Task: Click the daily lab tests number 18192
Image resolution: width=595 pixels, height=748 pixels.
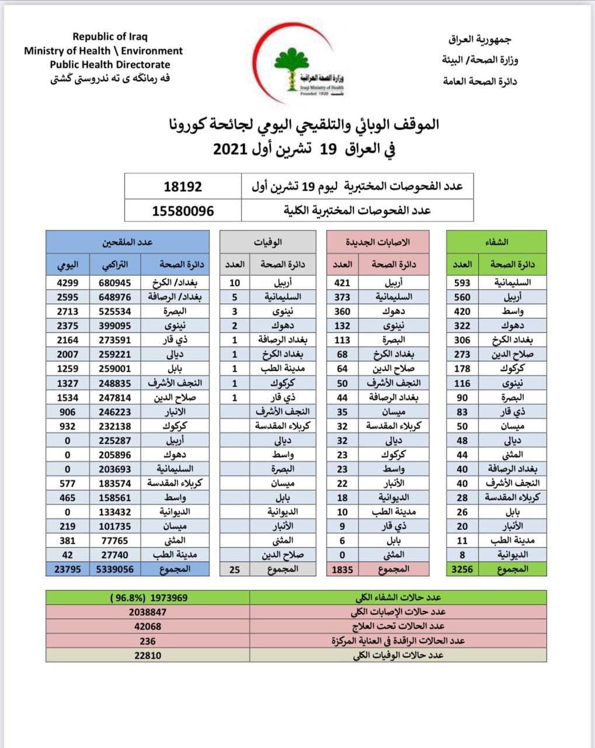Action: coord(183,187)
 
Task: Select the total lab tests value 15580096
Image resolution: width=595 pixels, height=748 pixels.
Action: coord(183,211)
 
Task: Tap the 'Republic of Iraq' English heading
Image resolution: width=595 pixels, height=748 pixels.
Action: coord(110,37)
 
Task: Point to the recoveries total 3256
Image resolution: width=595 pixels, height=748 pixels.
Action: coord(462,569)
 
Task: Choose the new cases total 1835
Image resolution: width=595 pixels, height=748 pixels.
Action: coord(342,569)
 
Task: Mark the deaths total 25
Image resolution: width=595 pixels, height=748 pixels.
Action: coord(235,569)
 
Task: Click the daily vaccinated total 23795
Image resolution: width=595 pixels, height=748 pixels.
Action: coord(68,569)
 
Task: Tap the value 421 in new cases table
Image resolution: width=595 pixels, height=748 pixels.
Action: coord(342,283)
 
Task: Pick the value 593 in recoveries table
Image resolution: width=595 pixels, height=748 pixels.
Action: coord(462,283)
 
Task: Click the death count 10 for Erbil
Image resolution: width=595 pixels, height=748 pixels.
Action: coord(235,283)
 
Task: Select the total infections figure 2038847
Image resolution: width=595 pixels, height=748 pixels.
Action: coord(148,612)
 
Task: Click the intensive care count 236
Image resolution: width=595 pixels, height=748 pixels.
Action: coord(148,641)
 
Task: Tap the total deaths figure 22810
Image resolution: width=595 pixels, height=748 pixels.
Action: coord(148,656)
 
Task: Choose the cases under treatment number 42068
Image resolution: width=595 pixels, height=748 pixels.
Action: coord(148,626)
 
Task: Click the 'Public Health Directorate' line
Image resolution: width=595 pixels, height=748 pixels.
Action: coord(110,65)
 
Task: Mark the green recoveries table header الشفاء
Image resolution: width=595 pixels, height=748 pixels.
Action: coord(496,242)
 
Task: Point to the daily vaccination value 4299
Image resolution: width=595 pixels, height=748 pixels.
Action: coord(68,283)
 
